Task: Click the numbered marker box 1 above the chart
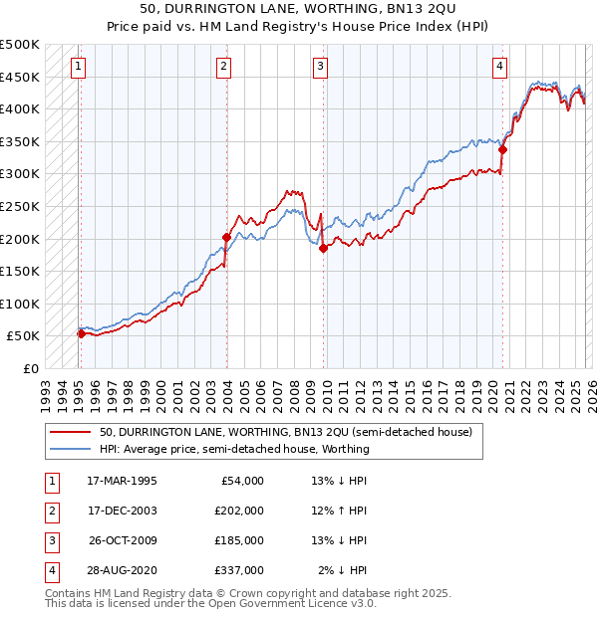[78, 67]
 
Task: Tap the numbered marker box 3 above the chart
[320, 67]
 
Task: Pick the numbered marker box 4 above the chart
[498, 67]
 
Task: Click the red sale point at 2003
[226, 237]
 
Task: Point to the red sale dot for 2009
[323, 249]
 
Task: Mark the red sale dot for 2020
[502, 150]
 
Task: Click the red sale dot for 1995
[81, 333]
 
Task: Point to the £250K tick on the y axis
[20, 206]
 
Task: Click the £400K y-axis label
[20, 108]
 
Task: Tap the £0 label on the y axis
[30, 368]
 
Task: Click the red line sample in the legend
[71, 433]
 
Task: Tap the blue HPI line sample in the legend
[71, 449]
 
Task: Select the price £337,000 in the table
[239, 570]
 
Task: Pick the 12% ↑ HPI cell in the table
[339, 511]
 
